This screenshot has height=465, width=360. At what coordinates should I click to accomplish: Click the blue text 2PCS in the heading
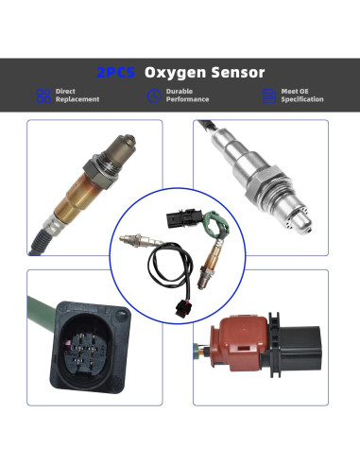(x=118, y=72)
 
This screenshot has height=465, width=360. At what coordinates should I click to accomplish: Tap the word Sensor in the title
(x=237, y=72)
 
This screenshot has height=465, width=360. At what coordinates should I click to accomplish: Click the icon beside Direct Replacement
(x=43, y=95)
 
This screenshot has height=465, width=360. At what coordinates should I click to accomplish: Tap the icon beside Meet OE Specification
(x=269, y=95)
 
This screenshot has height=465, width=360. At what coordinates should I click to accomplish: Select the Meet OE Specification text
(x=302, y=95)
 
